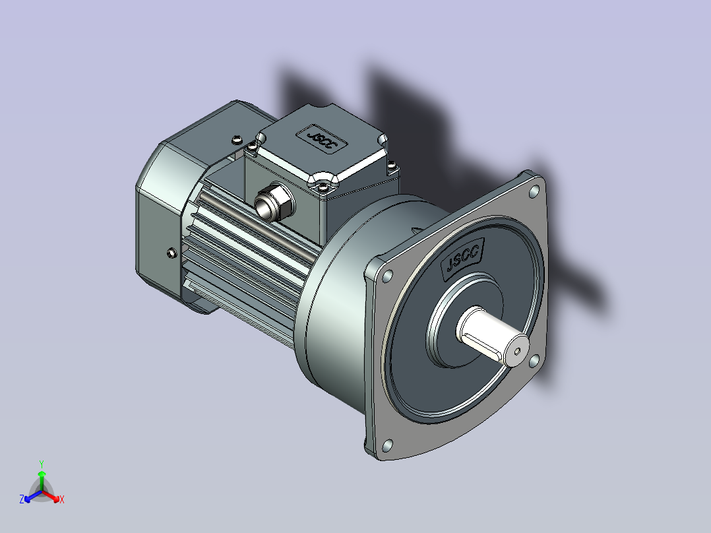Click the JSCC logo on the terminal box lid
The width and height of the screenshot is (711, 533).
pos(322,139)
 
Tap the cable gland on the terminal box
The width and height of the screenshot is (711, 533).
pos(274,202)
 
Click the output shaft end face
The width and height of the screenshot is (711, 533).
pos(516,350)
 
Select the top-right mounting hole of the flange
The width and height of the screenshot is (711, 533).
pos(535,191)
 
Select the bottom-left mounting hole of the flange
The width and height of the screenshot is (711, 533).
pos(387,445)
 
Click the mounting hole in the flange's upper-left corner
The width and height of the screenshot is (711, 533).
pos(388,276)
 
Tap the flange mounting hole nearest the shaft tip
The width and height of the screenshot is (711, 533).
pos(534,361)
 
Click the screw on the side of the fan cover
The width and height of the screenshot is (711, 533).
pos(171,253)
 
